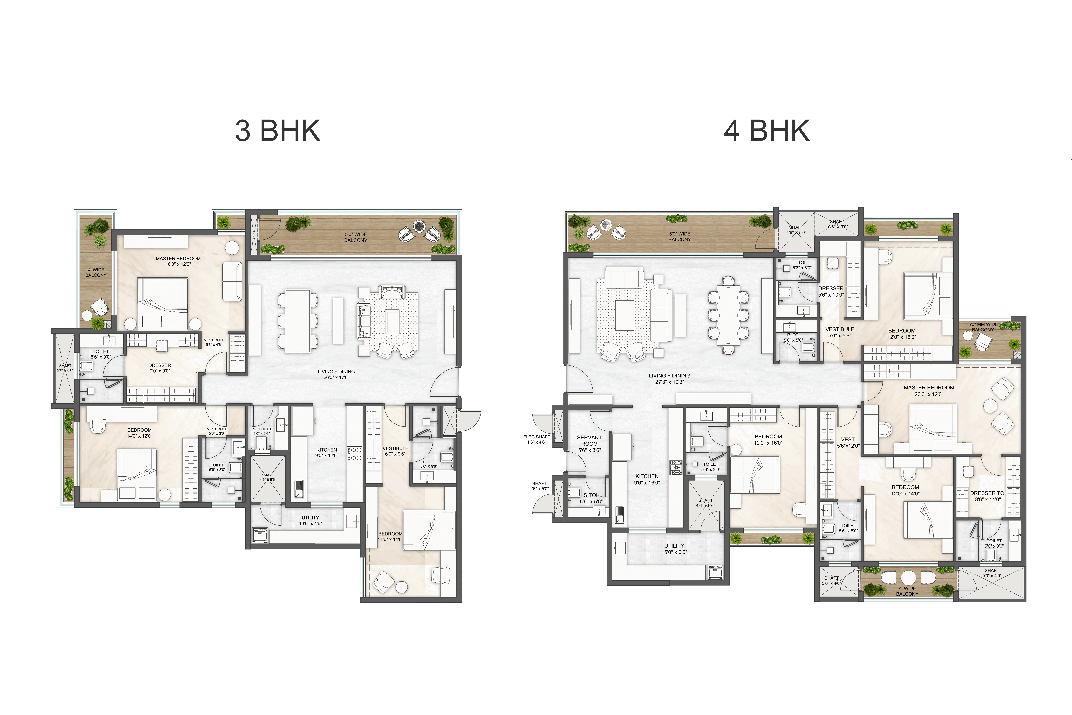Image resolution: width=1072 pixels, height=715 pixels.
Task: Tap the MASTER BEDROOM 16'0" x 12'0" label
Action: (178, 261)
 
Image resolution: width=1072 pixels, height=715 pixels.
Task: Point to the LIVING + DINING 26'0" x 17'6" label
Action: (336, 374)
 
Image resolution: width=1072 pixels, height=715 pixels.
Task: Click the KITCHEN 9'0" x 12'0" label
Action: (327, 452)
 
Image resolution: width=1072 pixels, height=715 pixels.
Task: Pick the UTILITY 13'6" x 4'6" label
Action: (310, 520)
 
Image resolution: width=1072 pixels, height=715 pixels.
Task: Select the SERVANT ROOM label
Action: (589, 444)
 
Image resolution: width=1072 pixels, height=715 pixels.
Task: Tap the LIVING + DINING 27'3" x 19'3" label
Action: (670, 378)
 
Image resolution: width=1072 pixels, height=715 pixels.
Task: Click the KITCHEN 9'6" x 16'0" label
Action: (647, 479)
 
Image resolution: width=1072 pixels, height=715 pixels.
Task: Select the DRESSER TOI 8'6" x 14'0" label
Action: (988, 496)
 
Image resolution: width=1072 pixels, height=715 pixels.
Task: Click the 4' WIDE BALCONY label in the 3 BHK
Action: (96, 272)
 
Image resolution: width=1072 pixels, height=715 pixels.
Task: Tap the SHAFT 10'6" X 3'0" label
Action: (837, 224)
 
